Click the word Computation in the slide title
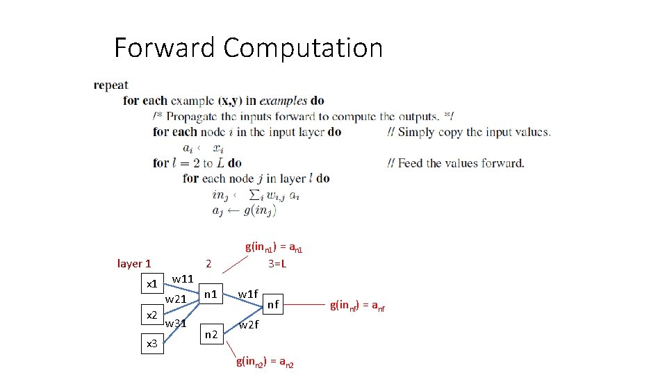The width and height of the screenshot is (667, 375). pos(304,48)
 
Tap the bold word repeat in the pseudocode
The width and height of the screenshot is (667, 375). pos(111,85)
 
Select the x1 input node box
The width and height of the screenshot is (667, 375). pos(150,283)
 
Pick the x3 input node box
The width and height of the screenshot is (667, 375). pos(150,343)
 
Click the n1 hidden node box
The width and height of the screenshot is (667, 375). pos(210,294)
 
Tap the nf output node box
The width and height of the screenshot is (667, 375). pos(274,303)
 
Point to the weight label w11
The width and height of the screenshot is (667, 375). pos(182,278)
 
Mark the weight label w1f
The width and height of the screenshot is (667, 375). pos(248,294)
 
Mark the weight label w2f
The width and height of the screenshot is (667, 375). pos(248,324)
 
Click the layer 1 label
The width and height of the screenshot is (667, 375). pos(134,263)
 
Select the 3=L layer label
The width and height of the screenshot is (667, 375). pos(278,264)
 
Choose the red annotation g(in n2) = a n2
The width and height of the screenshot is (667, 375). pos(265,361)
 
